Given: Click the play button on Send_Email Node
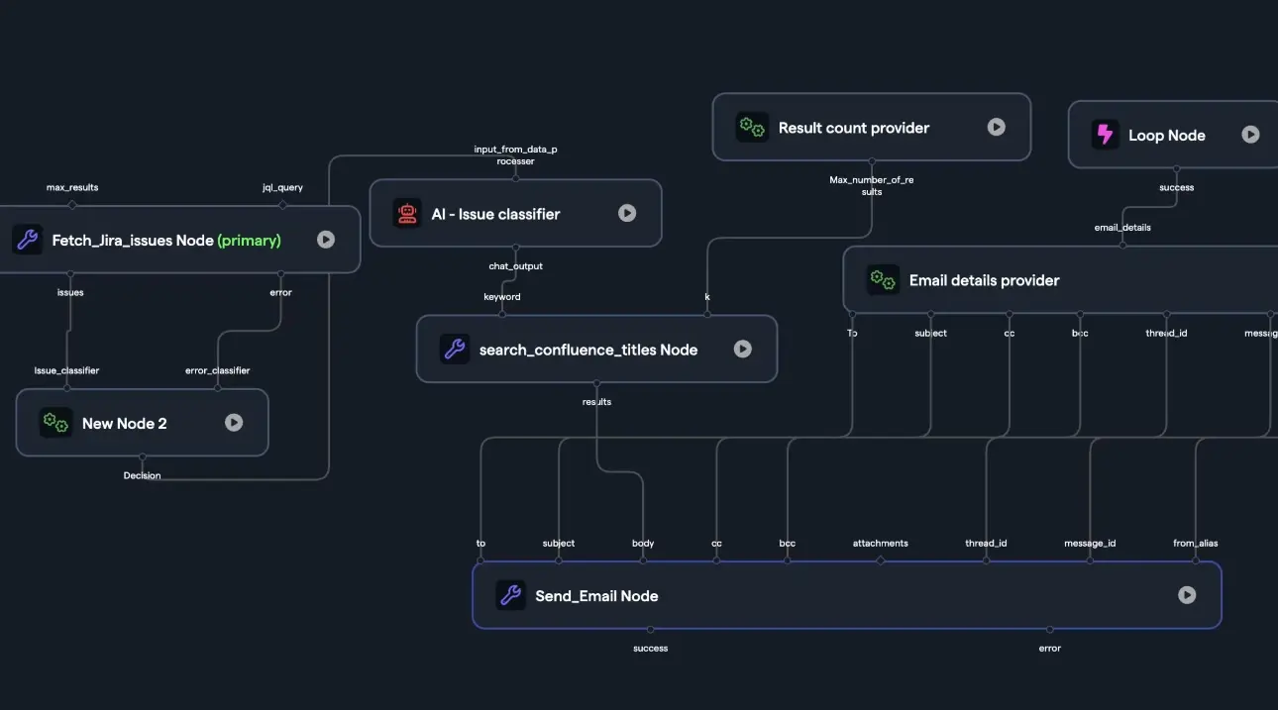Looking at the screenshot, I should [x=1187, y=595].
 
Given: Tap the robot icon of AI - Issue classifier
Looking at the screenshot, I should [x=407, y=213].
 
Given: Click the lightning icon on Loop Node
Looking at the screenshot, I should [x=1105, y=135].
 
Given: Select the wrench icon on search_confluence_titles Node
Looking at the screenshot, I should [x=455, y=349].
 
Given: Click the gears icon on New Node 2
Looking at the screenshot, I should [x=55, y=423].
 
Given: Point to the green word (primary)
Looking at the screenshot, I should [x=249, y=240].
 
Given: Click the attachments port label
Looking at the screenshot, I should [x=880, y=543].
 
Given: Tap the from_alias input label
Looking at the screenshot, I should [x=1195, y=543].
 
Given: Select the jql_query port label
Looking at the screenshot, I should [x=282, y=187].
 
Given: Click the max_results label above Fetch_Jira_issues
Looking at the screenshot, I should [x=72, y=187].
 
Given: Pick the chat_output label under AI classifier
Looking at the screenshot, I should [x=515, y=266].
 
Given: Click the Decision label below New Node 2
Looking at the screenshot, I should [x=142, y=475].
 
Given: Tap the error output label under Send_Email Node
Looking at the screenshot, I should [x=1049, y=649].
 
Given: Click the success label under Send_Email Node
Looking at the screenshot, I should [x=650, y=649].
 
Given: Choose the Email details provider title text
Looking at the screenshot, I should [x=984, y=280].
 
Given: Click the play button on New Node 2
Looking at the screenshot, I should [x=234, y=422].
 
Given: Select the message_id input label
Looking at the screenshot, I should [x=1090, y=543].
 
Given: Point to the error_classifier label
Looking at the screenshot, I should [x=217, y=370].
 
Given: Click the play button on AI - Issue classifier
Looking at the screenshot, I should [x=627, y=213].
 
